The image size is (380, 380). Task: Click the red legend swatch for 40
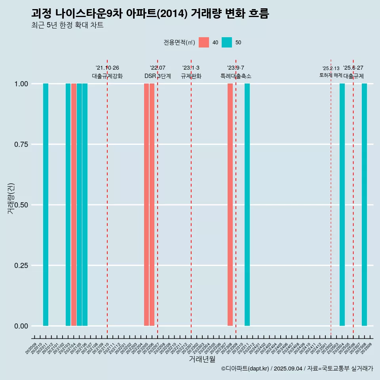(x=204, y=42)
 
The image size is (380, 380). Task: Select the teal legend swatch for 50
(x=227, y=42)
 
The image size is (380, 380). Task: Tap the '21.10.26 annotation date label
(x=107, y=68)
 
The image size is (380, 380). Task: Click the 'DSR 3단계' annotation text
(x=158, y=76)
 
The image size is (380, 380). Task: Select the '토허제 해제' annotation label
(x=331, y=75)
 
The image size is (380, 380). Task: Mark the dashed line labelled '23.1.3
(x=191, y=198)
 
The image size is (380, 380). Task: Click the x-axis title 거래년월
(x=202, y=359)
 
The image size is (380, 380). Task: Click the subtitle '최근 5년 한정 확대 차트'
(x=67, y=25)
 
